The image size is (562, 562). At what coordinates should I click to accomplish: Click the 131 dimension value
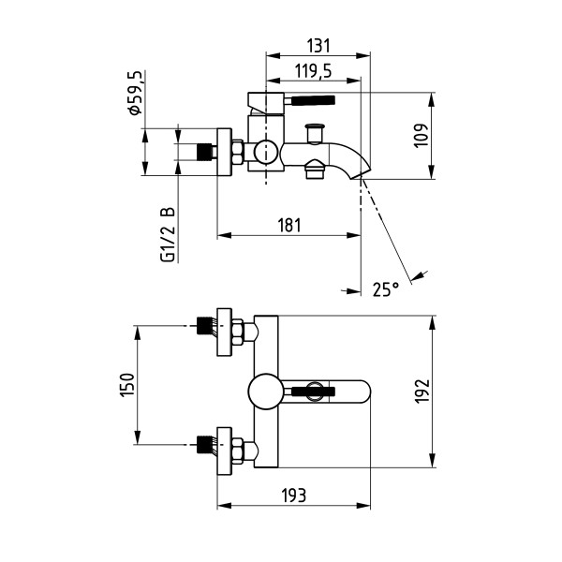click(x=318, y=46)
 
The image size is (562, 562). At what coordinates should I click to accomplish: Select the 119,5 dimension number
click(x=313, y=71)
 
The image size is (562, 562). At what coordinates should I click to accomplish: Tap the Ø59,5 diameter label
click(x=136, y=93)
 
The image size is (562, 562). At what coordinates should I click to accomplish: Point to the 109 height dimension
click(x=421, y=136)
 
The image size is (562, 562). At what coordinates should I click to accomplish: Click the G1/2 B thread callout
click(x=168, y=234)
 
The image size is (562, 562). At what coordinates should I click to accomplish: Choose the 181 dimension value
click(x=289, y=225)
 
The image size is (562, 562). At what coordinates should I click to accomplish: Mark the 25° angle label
click(x=386, y=288)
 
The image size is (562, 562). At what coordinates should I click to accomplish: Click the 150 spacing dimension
click(x=126, y=385)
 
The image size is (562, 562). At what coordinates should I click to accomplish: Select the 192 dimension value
click(x=421, y=391)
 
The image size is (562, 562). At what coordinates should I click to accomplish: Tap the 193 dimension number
click(x=294, y=495)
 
